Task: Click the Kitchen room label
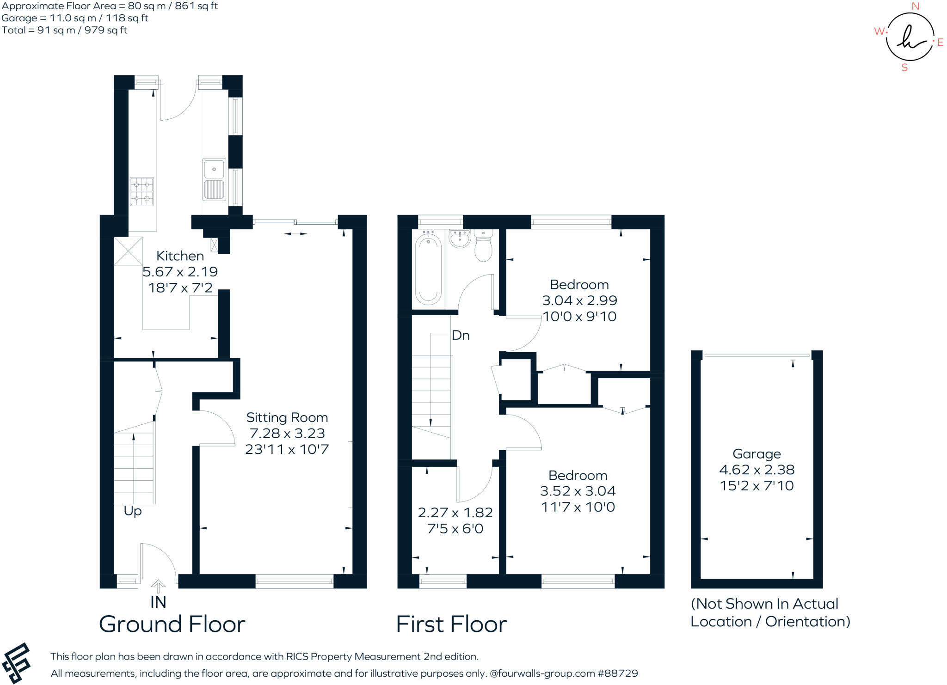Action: click(180, 256)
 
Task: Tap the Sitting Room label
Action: click(287, 418)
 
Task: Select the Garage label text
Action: click(756, 454)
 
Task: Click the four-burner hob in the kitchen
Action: click(141, 191)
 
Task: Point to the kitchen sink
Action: click(214, 179)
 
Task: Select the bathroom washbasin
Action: click(459, 239)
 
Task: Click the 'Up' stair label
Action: click(132, 511)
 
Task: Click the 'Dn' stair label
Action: click(461, 336)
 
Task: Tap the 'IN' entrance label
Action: click(158, 602)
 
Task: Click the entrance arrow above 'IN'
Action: click(158, 586)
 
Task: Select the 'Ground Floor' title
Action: click(172, 624)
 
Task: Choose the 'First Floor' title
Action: click(451, 624)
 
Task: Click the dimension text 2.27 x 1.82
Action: click(455, 513)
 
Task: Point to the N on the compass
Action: click(915, 6)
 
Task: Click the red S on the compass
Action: click(904, 68)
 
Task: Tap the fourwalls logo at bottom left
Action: click(16, 663)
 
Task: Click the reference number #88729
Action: click(618, 673)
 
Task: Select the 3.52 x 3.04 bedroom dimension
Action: click(578, 491)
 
